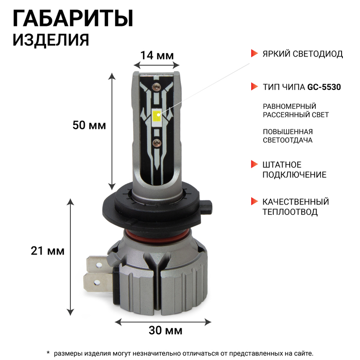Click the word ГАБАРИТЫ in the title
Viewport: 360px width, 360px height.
point(73,19)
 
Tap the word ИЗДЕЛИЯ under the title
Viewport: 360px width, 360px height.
point(51,40)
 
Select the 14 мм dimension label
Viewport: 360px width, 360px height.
point(157,55)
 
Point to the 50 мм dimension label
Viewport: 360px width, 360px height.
point(89,125)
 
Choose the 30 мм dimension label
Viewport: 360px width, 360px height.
point(165,331)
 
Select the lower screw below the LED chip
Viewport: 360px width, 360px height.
point(157,142)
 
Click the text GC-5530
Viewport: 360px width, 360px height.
point(324,87)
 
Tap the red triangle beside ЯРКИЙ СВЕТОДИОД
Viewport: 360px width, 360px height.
point(254,54)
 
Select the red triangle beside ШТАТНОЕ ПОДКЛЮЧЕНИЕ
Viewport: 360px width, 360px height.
point(254,164)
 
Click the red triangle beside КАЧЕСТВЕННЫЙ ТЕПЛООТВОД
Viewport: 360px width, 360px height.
point(254,201)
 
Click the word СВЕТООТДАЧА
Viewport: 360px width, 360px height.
point(288,140)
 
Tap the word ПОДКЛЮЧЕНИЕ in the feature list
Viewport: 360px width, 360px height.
point(294,175)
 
